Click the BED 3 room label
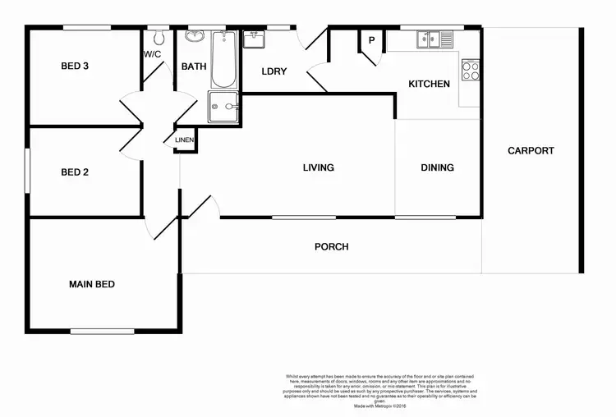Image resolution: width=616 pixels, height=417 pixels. point(75,66)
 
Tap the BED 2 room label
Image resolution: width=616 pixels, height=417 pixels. point(75,172)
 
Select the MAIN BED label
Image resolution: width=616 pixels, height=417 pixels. point(91,285)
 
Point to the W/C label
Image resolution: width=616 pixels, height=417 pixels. point(152,54)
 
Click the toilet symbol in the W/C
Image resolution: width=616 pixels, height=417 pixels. point(159,38)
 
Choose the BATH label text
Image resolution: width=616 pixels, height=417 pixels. point(194,66)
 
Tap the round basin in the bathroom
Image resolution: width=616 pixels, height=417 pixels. point(195,37)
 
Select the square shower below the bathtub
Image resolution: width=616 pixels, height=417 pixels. point(223,107)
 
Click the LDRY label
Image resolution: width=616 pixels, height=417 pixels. point(274,71)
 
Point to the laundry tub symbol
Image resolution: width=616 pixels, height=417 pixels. point(253,39)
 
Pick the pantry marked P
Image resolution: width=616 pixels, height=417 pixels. point(371,41)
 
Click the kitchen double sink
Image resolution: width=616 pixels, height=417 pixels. point(434,38)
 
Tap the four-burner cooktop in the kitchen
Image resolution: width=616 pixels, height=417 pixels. point(471,71)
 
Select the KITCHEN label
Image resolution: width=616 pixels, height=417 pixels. point(429,84)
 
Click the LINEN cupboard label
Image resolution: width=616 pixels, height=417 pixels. point(185,140)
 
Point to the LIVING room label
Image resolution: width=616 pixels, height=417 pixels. point(318,168)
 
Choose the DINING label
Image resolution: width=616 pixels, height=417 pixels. point(437,168)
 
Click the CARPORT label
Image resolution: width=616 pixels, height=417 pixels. point(531,151)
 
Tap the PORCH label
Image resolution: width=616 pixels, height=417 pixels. point(332,247)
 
